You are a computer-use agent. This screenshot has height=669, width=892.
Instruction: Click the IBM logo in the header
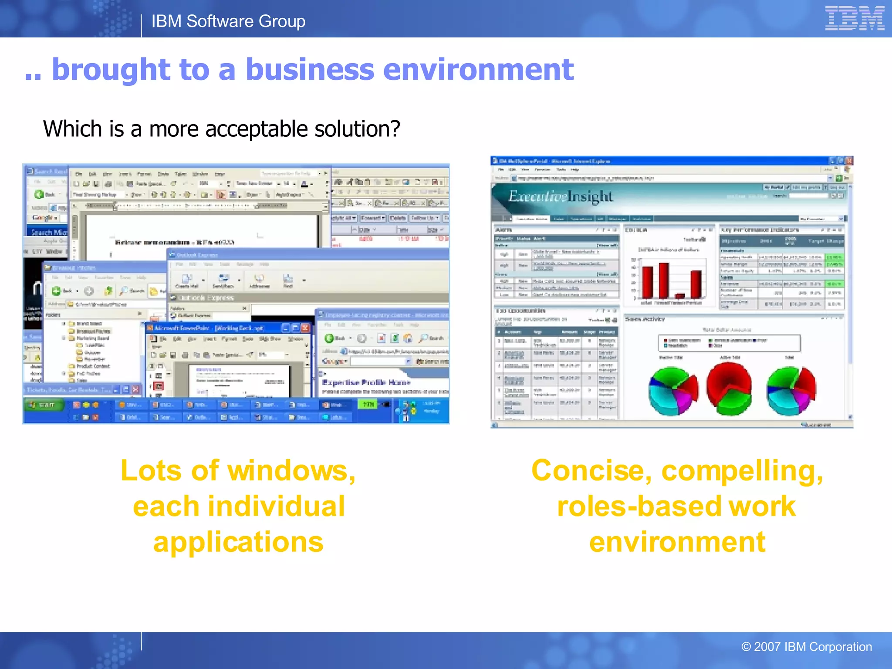point(854,18)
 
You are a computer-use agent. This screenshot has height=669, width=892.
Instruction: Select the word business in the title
point(310,70)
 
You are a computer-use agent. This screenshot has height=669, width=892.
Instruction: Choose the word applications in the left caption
point(238,542)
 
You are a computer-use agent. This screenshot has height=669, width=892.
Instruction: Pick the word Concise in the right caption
point(591,471)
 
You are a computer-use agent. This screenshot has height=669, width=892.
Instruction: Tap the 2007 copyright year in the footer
point(767,647)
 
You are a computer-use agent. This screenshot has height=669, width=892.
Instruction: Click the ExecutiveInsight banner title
point(560,196)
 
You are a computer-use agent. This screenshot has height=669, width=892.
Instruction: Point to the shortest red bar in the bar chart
point(680,295)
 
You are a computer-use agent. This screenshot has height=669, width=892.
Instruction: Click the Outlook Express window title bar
point(305,255)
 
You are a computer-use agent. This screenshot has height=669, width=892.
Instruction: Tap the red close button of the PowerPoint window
point(305,328)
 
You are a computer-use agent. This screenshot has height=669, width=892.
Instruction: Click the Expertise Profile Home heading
point(366,382)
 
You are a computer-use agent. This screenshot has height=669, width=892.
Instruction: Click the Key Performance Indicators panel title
point(760,230)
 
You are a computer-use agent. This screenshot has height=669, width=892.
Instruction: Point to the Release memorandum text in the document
point(174,242)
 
